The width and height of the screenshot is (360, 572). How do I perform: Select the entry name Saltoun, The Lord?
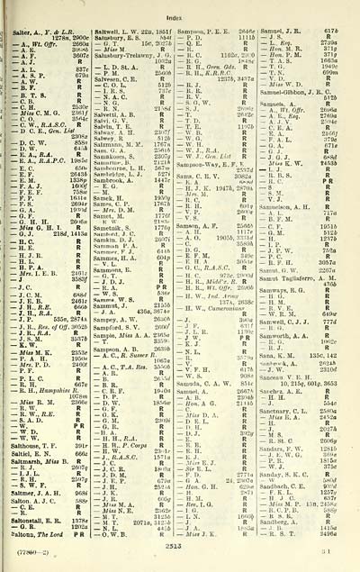pyautogui.click(x=37, y=539)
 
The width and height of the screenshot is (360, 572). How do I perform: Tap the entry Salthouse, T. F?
pyautogui.click(x=36, y=430)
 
